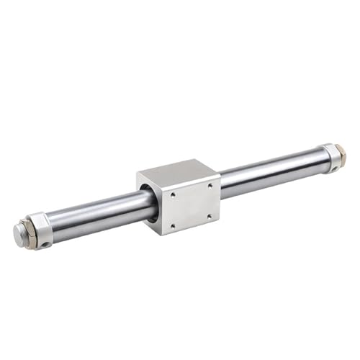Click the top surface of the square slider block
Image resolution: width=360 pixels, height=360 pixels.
tap(176, 171)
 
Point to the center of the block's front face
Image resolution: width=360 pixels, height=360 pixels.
tap(190, 204)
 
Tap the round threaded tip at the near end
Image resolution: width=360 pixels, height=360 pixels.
tap(19, 232)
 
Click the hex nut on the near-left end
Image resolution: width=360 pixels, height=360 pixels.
tap(30, 231)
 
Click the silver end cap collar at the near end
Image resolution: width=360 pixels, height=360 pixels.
tap(41, 229)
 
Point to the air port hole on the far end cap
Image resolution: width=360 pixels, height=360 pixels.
tap(336, 170)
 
